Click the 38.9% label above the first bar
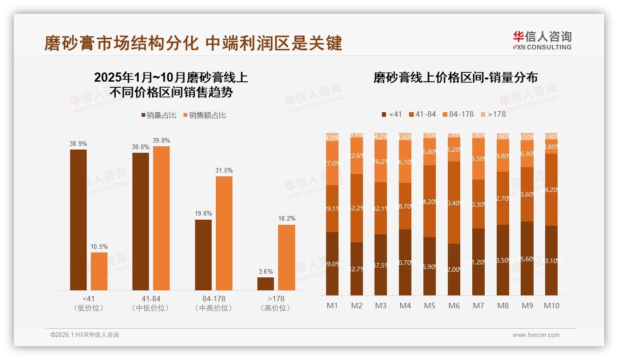click(x=78, y=144)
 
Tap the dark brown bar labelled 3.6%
click(x=266, y=283)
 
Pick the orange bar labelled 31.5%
click(x=224, y=233)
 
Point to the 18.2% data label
click(x=286, y=218)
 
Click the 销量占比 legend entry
click(x=158, y=115)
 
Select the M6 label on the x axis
click(x=454, y=306)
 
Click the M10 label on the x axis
click(x=552, y=306)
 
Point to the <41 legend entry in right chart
click(x=392, y=114)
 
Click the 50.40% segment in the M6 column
click(x=454, y=203)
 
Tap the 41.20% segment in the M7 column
click(x=478, y=262)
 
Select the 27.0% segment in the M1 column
click(x=332, y=163)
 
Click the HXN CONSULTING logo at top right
click(x=542, y=41)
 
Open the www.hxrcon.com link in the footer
click(x=536, y=335)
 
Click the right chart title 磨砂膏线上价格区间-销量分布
click(x=455, y=78)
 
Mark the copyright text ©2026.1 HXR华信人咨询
click(x=84, y=335)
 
